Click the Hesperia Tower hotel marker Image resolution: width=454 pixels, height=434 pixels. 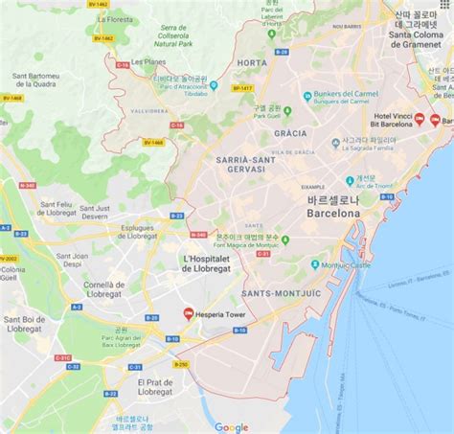coord(188,313)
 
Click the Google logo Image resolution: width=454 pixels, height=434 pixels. coord(231,427)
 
